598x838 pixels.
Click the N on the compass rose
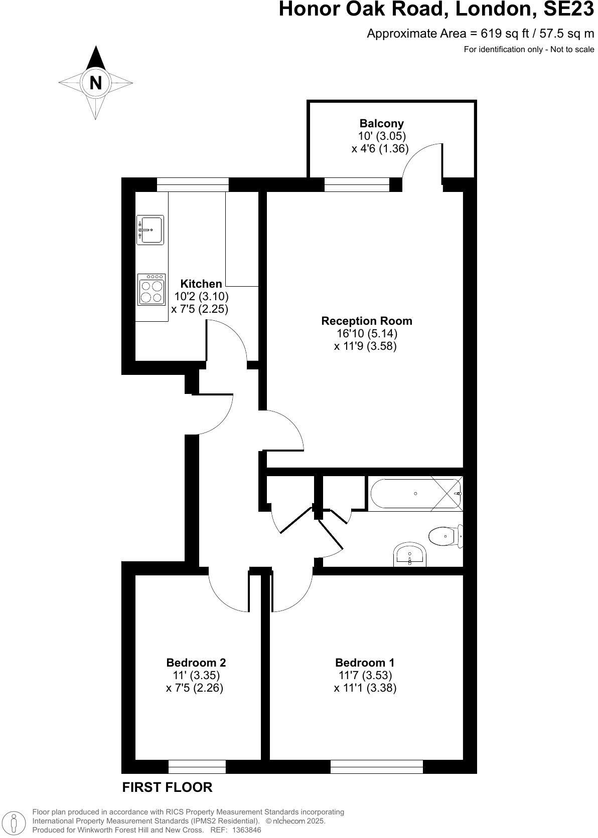point(95,83)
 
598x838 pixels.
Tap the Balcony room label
point(381,123)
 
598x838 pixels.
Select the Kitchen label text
point(201,284)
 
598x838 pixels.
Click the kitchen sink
point(151,230)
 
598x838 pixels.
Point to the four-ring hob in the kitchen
point(152,290)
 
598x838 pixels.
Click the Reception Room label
point(367,321)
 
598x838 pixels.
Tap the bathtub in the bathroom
point(416,494)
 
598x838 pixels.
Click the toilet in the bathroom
point(445,536)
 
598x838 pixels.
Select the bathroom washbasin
point(410,555)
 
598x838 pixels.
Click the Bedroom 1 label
point(365,663)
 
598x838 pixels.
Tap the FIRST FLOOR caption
point(167,787)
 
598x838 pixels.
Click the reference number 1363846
point(243,830)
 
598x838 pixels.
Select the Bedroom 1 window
point(376,767)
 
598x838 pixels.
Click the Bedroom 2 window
point(197,767)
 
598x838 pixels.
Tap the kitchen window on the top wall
point(193,184)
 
